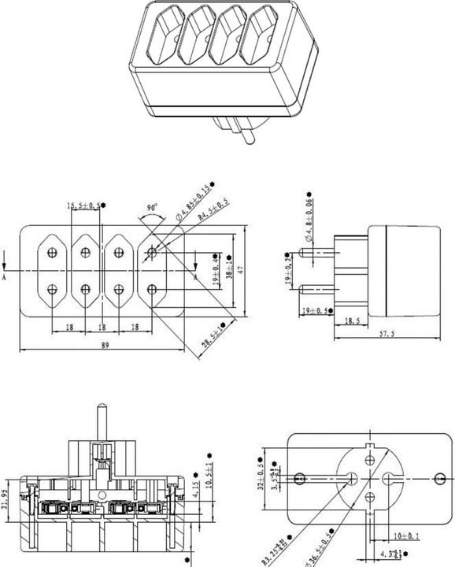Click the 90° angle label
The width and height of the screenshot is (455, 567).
tap(152, 210)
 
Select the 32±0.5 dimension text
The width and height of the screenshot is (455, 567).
tap(261, 472)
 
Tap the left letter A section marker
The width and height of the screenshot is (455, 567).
tap(5, 277)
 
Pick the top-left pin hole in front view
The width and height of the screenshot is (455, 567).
tap(53, 253)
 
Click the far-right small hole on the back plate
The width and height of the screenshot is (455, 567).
tap(438, 477)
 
